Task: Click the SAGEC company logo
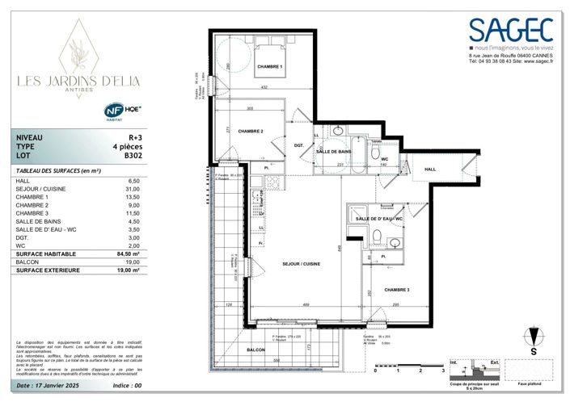(513, 30)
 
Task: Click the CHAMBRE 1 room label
(269, 66)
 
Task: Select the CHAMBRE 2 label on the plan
(251, 131)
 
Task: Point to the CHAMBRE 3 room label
(396, 290)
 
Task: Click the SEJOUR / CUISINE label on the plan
(301, 264)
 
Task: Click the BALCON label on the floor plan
(256, 350)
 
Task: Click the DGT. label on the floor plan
(298, 144)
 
